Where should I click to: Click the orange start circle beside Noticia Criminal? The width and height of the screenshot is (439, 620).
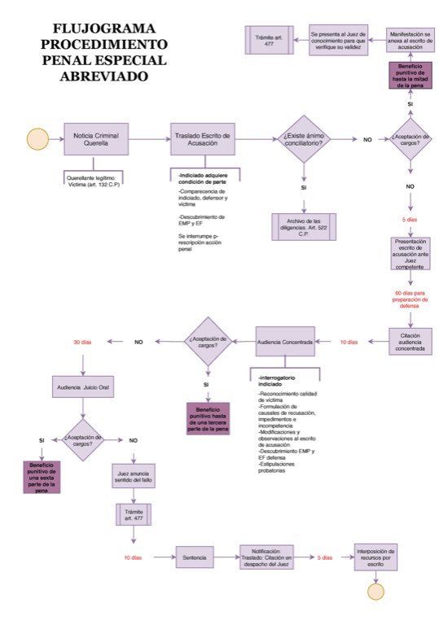[37, 139]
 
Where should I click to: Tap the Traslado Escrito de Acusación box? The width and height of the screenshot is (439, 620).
[203, 139]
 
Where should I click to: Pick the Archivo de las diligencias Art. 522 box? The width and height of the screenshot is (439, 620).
[302, 225]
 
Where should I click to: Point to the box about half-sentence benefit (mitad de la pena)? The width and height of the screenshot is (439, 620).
[410, 81]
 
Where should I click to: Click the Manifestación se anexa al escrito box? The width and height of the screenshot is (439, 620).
[410, 38]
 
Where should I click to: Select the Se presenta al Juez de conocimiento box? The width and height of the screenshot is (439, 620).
[339, 38]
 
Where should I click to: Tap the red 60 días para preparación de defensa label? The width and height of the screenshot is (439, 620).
[410, 299]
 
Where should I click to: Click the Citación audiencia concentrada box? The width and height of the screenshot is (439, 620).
[410, 342]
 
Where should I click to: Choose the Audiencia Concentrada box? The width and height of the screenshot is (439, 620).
[284, 342]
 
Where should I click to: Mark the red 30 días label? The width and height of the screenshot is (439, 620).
[82, 342]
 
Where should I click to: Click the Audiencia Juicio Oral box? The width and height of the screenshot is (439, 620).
[82, 387]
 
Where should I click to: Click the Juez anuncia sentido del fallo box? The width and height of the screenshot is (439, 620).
[134, 476]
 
